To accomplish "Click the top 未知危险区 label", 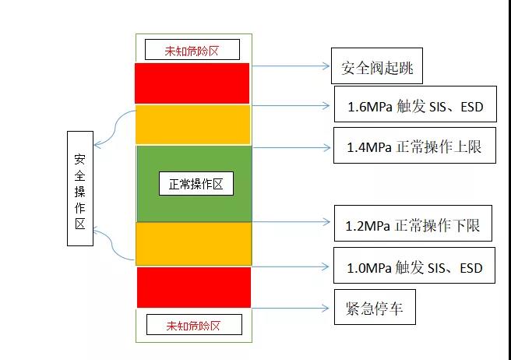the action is (192, 50).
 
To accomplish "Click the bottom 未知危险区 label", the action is (194, 324).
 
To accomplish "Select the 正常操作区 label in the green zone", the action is (196, 184).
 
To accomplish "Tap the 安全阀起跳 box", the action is (377, 66).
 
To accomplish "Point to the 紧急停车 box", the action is (375, 307).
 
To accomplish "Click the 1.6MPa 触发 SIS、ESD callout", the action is (415, 104).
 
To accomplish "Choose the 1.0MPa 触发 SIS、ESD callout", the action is (414, 266).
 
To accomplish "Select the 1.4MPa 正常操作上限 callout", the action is (414, 146).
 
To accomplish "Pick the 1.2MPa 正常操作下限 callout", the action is (413, 224).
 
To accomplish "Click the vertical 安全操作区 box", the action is (80, 189).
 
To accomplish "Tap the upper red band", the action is (192, 83).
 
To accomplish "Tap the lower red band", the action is (194, 288).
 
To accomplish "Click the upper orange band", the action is (193, 125).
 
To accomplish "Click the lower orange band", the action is (194, 244).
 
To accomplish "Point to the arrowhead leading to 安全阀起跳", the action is (326, 66).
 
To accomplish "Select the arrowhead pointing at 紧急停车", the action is (326, 308).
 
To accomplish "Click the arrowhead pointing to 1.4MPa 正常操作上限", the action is (326, 148).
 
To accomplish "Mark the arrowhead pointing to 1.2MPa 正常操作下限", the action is (326, 222).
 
